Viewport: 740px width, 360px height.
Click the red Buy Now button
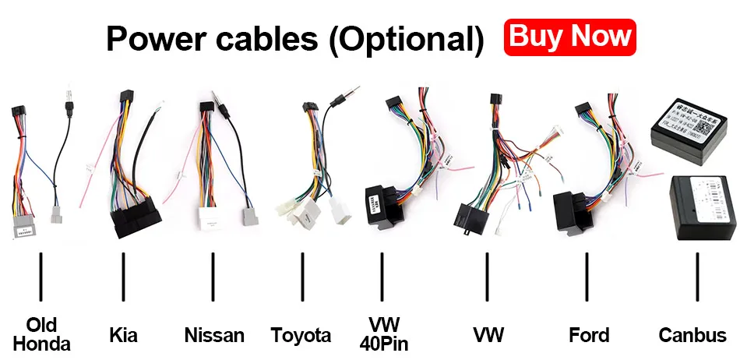[x=569, y=37]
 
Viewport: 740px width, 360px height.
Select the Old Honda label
[x=41, y=334]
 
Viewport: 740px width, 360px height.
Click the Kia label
[x=123, y=335]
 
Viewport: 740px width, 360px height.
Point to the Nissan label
[x=214, y=335]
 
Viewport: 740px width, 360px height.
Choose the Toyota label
[x=301, y=335]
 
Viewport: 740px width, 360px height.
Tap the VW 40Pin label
[x=384, y=334]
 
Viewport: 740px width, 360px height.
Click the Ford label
[x=589, y=335]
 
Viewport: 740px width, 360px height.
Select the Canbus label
[x=692, y=335]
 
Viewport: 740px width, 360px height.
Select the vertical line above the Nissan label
[x=213, y=277]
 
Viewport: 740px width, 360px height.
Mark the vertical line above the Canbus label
[x=697, y=277]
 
